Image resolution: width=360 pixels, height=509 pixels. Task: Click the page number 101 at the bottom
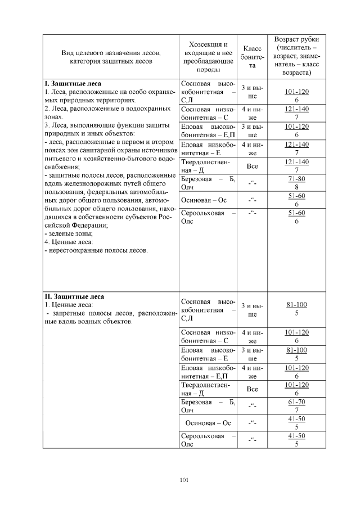tap(183, 480)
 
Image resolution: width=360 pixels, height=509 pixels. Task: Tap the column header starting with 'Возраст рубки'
tap(296, 57)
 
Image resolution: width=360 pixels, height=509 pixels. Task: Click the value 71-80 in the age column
tap(296, 179)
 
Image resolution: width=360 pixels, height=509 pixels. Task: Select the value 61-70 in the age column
tap(296, 403)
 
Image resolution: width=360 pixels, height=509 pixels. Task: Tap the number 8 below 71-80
tap(296, 187)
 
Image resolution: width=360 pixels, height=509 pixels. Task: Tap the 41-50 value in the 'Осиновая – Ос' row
tap(296, 419)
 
